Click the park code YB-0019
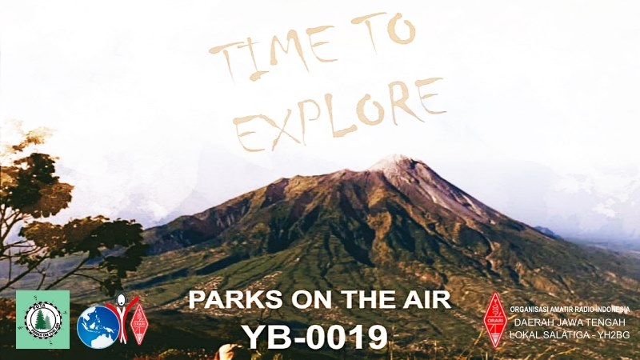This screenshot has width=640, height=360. pos(314,337)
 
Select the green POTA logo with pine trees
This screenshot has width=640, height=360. pos(42,319)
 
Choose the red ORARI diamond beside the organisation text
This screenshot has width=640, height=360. pos(496,320)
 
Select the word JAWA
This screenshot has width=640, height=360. pos(568,322)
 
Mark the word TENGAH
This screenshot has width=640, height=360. pos(608,322)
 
